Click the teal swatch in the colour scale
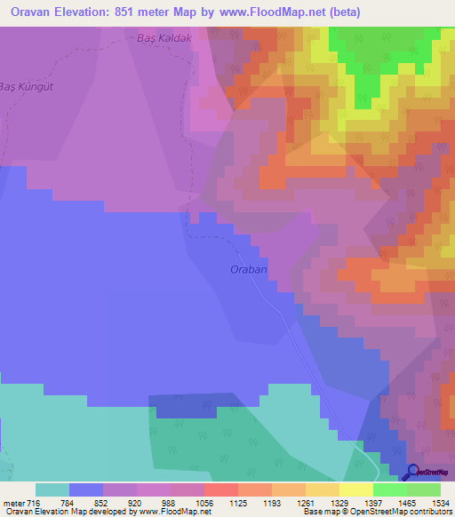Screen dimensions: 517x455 (x=52, y=489)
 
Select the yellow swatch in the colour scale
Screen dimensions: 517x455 (x=356, y=489)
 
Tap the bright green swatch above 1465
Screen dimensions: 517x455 (x=390, y=489)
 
